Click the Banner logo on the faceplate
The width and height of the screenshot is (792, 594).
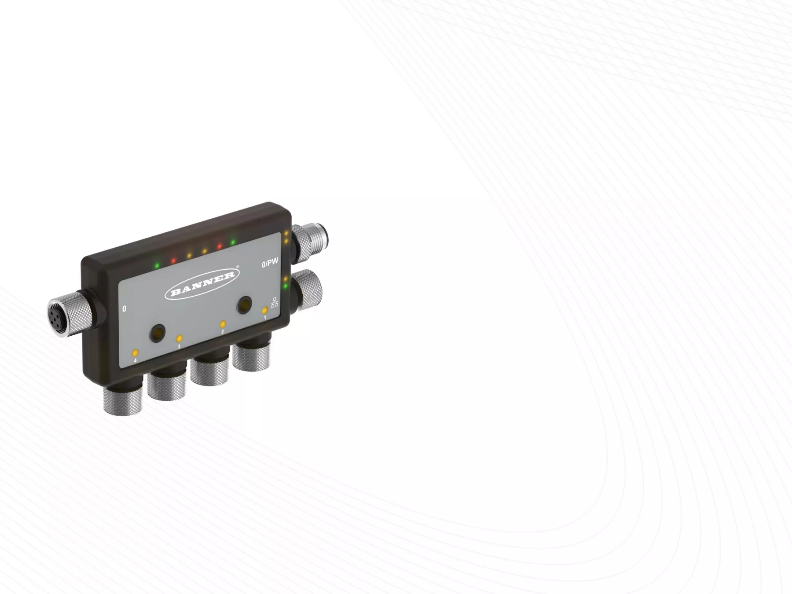202,284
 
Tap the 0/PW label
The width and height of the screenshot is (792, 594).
270,263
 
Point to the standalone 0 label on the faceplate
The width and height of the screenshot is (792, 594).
124,309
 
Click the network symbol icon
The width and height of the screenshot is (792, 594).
275,302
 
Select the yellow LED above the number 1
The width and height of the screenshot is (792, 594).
265,310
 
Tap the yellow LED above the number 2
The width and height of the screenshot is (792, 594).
223,324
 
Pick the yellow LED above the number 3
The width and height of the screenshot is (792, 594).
179,339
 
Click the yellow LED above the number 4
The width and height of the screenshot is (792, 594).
135,353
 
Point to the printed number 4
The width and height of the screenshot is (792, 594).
135,360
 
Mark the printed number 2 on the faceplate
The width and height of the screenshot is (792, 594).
222,332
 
